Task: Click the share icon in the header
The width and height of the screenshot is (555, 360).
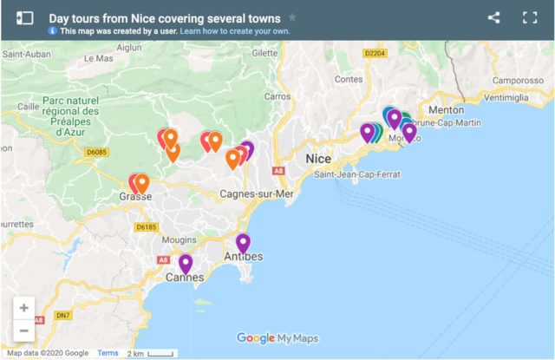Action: click(493, 17)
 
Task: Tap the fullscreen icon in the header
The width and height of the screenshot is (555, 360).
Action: click(530, 17)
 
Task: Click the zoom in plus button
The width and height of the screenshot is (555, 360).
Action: click(23, 308)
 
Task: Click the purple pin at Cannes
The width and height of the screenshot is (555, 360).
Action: click(186, 263)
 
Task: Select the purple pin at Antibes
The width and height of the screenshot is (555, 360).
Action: click(243, 242)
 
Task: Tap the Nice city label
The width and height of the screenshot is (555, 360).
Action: click(318, 160)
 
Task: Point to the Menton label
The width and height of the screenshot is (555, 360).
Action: click(447, 110)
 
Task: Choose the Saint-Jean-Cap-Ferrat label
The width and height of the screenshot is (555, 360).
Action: click(358, 175)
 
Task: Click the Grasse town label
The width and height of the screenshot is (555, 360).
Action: click(130, 197)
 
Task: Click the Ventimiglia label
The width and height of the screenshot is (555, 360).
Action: click(505, 98)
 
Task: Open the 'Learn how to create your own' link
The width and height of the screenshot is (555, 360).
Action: click(235, 31)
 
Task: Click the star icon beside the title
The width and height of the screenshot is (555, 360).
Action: click(292, 17)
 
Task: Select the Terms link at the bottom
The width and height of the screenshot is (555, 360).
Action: click(108, 353)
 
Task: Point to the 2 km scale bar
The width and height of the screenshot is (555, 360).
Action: click(153, 353)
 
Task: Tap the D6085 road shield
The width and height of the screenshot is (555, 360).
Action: click(96, 153)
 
